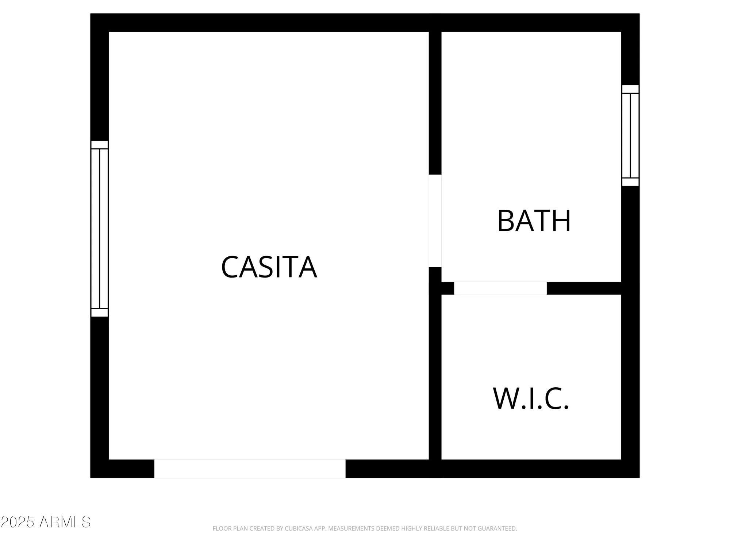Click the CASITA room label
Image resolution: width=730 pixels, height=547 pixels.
[269, 267]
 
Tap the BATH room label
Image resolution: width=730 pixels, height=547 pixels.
[534, 221]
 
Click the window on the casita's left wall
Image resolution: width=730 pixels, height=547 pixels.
[99, 229]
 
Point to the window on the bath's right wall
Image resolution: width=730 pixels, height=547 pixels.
[630, 136]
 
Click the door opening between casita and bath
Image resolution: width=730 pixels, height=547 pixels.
[435, 221]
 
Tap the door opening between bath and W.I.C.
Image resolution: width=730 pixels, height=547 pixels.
[500, 288]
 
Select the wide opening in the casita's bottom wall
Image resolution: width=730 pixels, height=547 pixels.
[250, 469]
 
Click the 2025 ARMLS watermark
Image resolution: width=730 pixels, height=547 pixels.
[46, 522]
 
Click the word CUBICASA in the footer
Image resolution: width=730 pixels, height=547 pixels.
[300, 528]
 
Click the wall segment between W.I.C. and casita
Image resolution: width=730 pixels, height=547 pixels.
[435, 376]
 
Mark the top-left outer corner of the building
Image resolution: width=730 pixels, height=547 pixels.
[91, 14]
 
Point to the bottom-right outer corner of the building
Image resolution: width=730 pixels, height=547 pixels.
[639, 477]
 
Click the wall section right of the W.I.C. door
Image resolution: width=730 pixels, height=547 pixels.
[584, 288]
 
